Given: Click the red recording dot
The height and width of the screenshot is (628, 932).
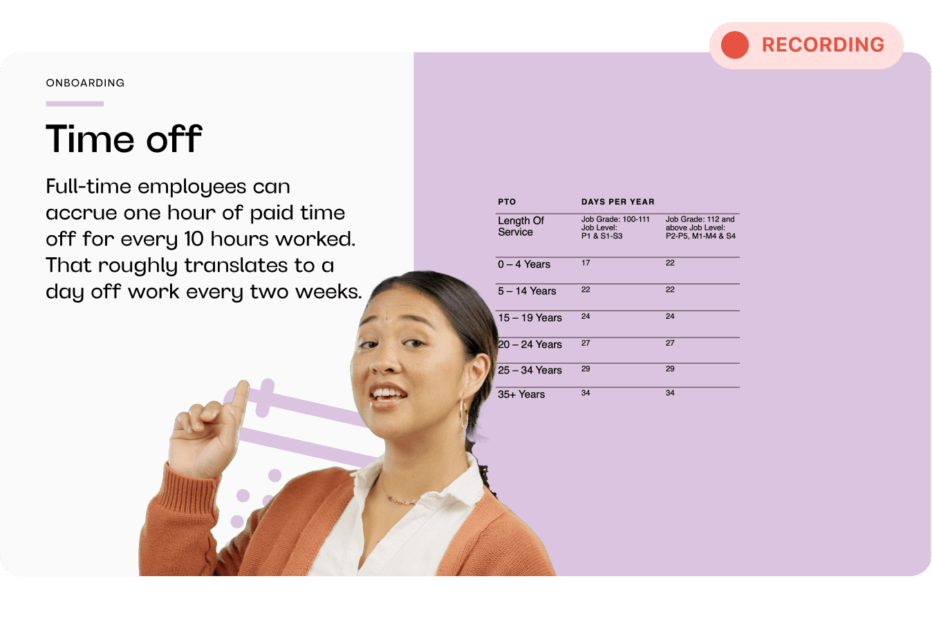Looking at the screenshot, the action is coord(735,45).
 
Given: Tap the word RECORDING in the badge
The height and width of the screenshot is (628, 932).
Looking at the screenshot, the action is coord(823,45).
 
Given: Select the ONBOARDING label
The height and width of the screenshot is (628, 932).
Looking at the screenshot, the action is coord(85,83).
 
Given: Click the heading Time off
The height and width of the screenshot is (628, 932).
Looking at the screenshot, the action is coord(124,138).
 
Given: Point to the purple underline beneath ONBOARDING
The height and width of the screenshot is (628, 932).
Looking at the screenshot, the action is coord(75,104).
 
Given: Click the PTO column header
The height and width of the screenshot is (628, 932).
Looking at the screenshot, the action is coord(507,202).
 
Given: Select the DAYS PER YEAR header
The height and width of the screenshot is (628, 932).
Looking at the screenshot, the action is coord(618,202).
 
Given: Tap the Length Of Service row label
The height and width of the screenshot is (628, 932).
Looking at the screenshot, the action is coord(521,226).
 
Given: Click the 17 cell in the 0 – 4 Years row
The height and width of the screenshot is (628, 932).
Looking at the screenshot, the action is coord(586,263).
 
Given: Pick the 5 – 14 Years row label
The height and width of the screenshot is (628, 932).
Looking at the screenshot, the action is coord(527,291).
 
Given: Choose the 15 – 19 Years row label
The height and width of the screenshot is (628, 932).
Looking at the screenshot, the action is coord(530,317).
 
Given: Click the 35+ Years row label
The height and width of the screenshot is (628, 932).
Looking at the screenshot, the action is coord(521,394).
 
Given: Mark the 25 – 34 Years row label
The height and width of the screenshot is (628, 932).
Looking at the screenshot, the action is coord(530,370).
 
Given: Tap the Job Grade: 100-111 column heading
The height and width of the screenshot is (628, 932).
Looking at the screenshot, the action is coord(615,228).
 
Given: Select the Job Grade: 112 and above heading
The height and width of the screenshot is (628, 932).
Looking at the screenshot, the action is coord(700,228).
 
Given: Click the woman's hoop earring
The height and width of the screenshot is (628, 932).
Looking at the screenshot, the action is coord(463,414).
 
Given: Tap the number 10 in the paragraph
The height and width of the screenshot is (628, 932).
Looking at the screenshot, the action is coord(194,239).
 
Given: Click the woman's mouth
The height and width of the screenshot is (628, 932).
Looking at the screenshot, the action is coord(387,394).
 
